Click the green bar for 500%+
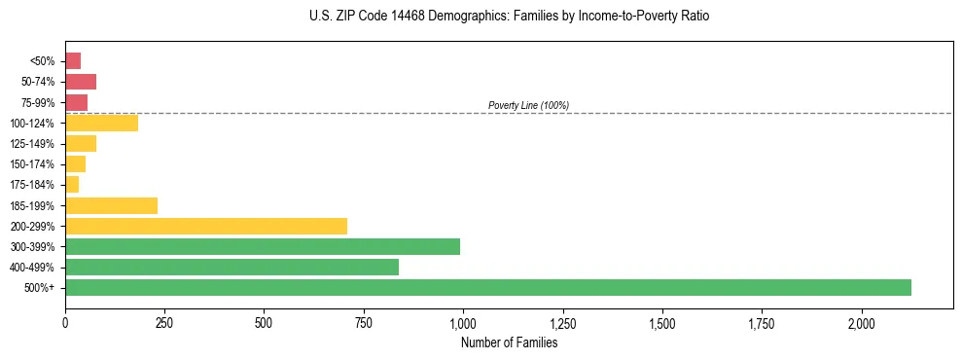tap(487, 287)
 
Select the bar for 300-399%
tap(263, 246)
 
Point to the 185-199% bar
tap(111, 205)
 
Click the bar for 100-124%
tap(101, 123)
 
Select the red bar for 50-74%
tap(81, 82)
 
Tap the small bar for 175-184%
tap(72, 185)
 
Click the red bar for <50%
tap(73, 60)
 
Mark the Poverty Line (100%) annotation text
tap(528, 105)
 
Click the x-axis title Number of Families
tap(509, 342)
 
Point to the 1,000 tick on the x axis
tap(463, 322)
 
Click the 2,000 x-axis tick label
tap(861, 322)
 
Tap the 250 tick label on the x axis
tap(164, 322)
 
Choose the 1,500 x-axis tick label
tap(662, 322)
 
